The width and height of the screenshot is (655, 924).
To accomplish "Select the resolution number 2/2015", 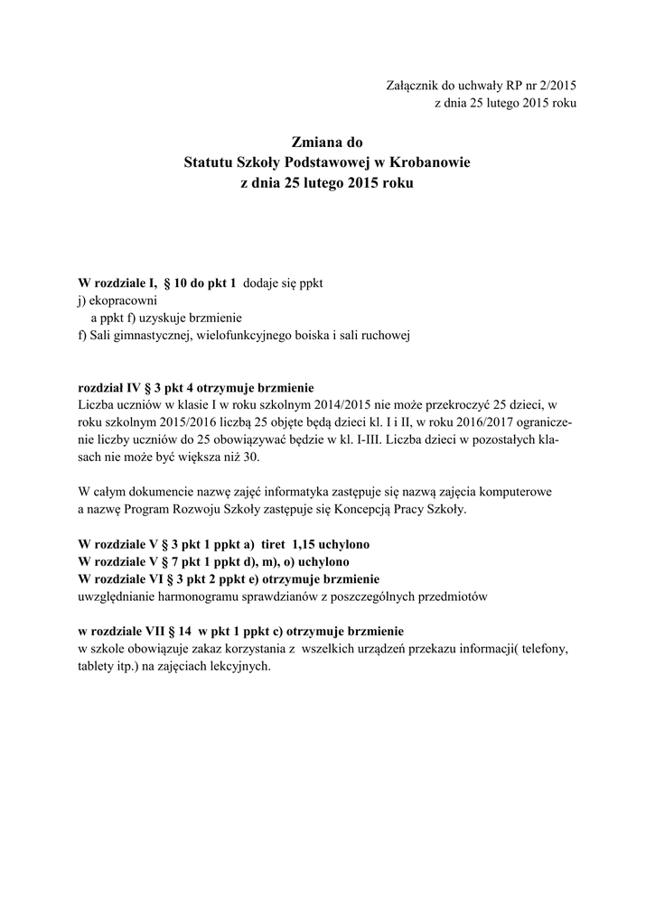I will (553, 85).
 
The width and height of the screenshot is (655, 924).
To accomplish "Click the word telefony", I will (546, 649).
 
